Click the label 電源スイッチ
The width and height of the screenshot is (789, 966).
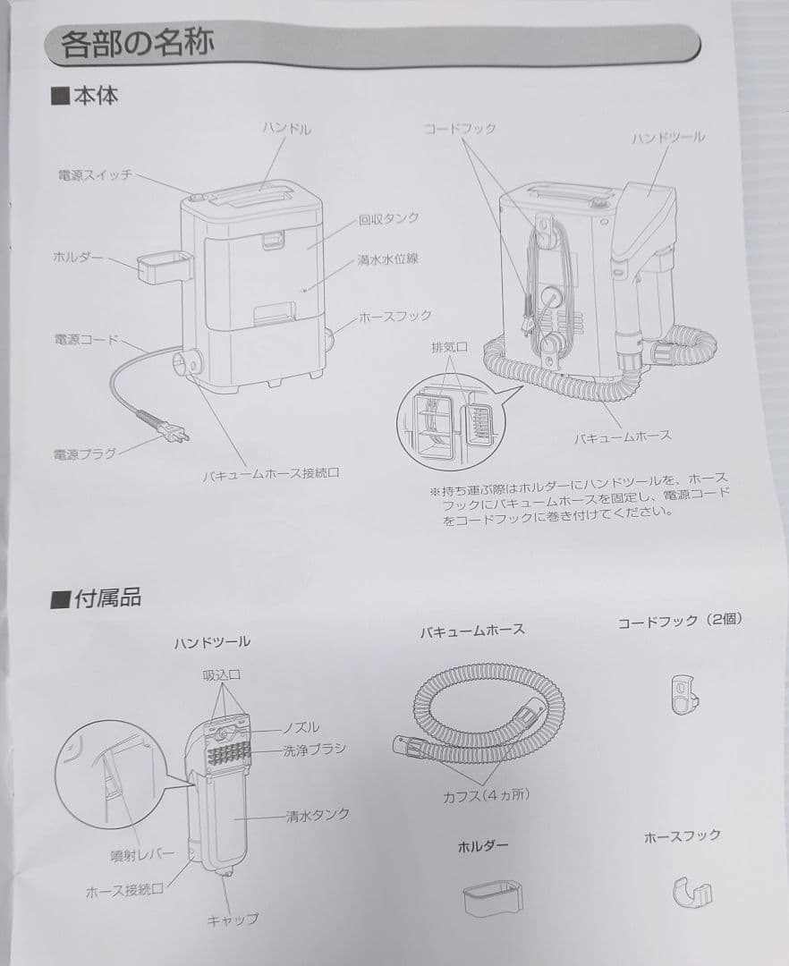point(95,176)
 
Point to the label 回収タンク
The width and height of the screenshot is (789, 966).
point(388,218)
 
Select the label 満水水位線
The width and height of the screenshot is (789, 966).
point(388,259)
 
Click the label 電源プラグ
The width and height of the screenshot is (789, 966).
point(84,453)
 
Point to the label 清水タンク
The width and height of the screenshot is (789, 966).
point(318,815)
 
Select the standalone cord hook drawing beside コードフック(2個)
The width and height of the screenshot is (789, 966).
point(682,693)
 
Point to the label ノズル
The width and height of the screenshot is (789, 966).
point(301,727)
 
